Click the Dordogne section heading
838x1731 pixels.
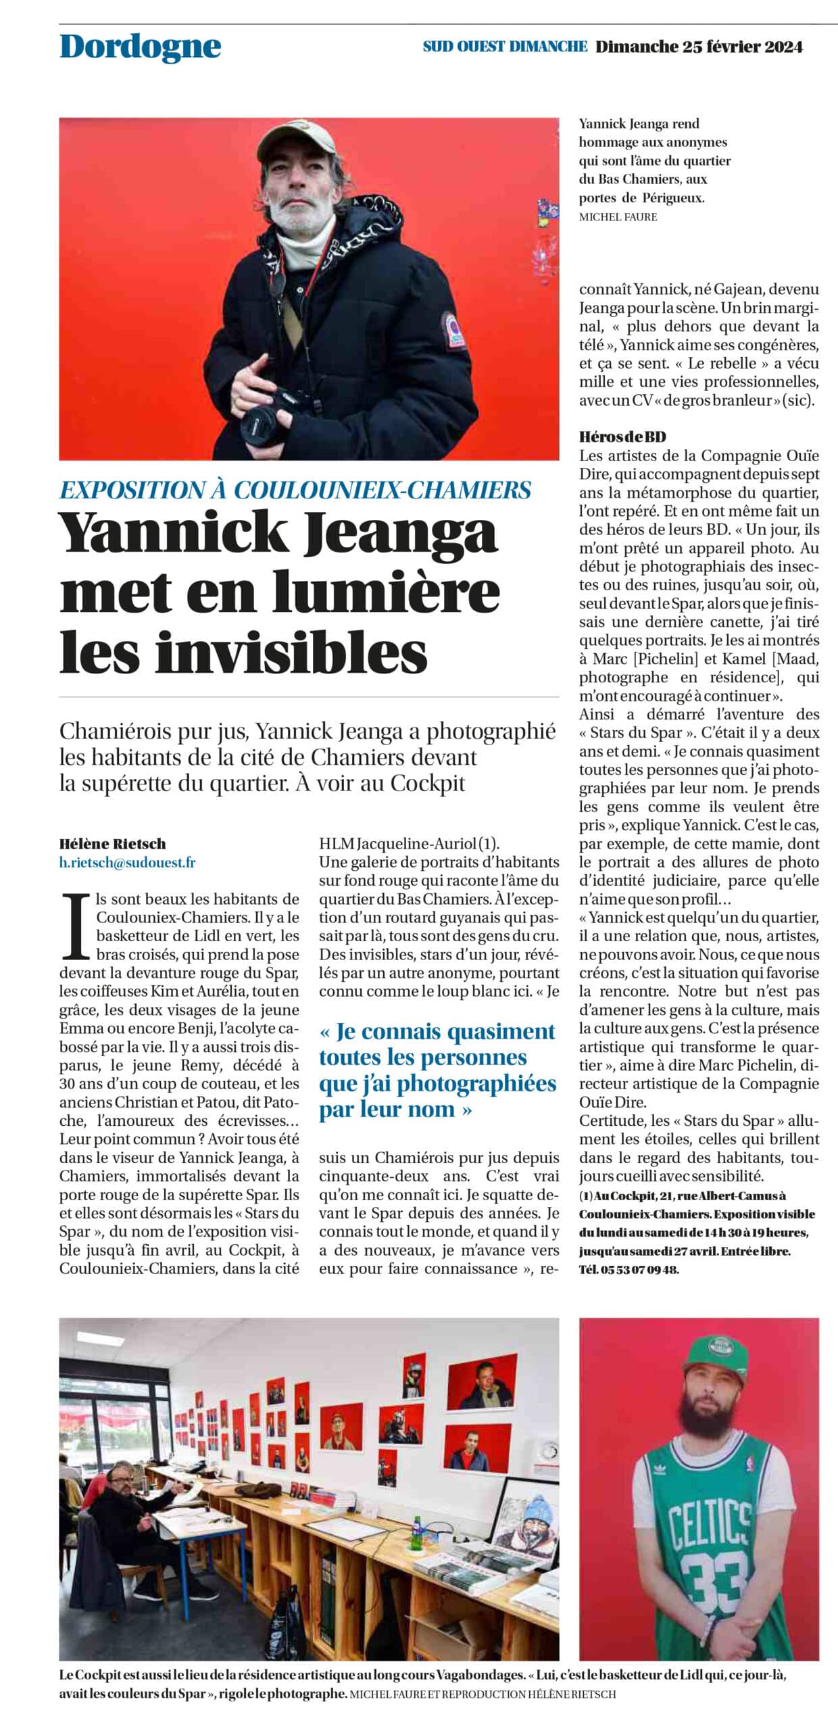(x=140, y=47)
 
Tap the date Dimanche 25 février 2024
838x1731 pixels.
(x=699, y=47)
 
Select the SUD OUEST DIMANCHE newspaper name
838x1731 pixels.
(x=505, y=47)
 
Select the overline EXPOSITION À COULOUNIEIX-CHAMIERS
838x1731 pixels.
(x=295, y=490)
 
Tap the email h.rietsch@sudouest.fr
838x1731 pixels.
(x=127, y=863)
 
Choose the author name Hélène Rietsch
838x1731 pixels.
(x=112, y=844)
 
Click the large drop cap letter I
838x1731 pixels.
(x=76, y=926)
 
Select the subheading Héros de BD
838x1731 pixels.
(x=622, y=437)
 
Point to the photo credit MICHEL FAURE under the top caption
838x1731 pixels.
(x=618, y=217)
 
